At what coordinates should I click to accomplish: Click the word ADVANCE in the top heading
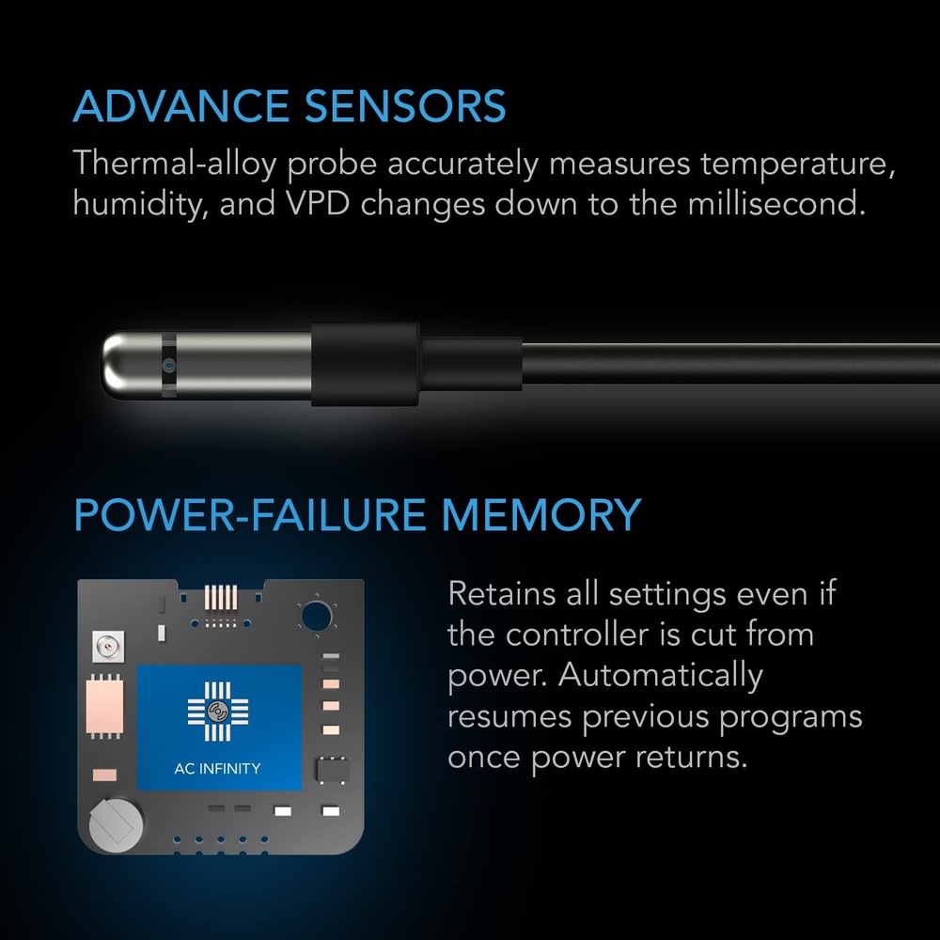179,106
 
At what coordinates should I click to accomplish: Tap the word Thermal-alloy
175,164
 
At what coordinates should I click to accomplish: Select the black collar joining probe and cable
365,364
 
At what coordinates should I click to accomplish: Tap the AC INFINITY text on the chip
218,768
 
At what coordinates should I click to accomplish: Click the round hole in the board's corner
314,617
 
